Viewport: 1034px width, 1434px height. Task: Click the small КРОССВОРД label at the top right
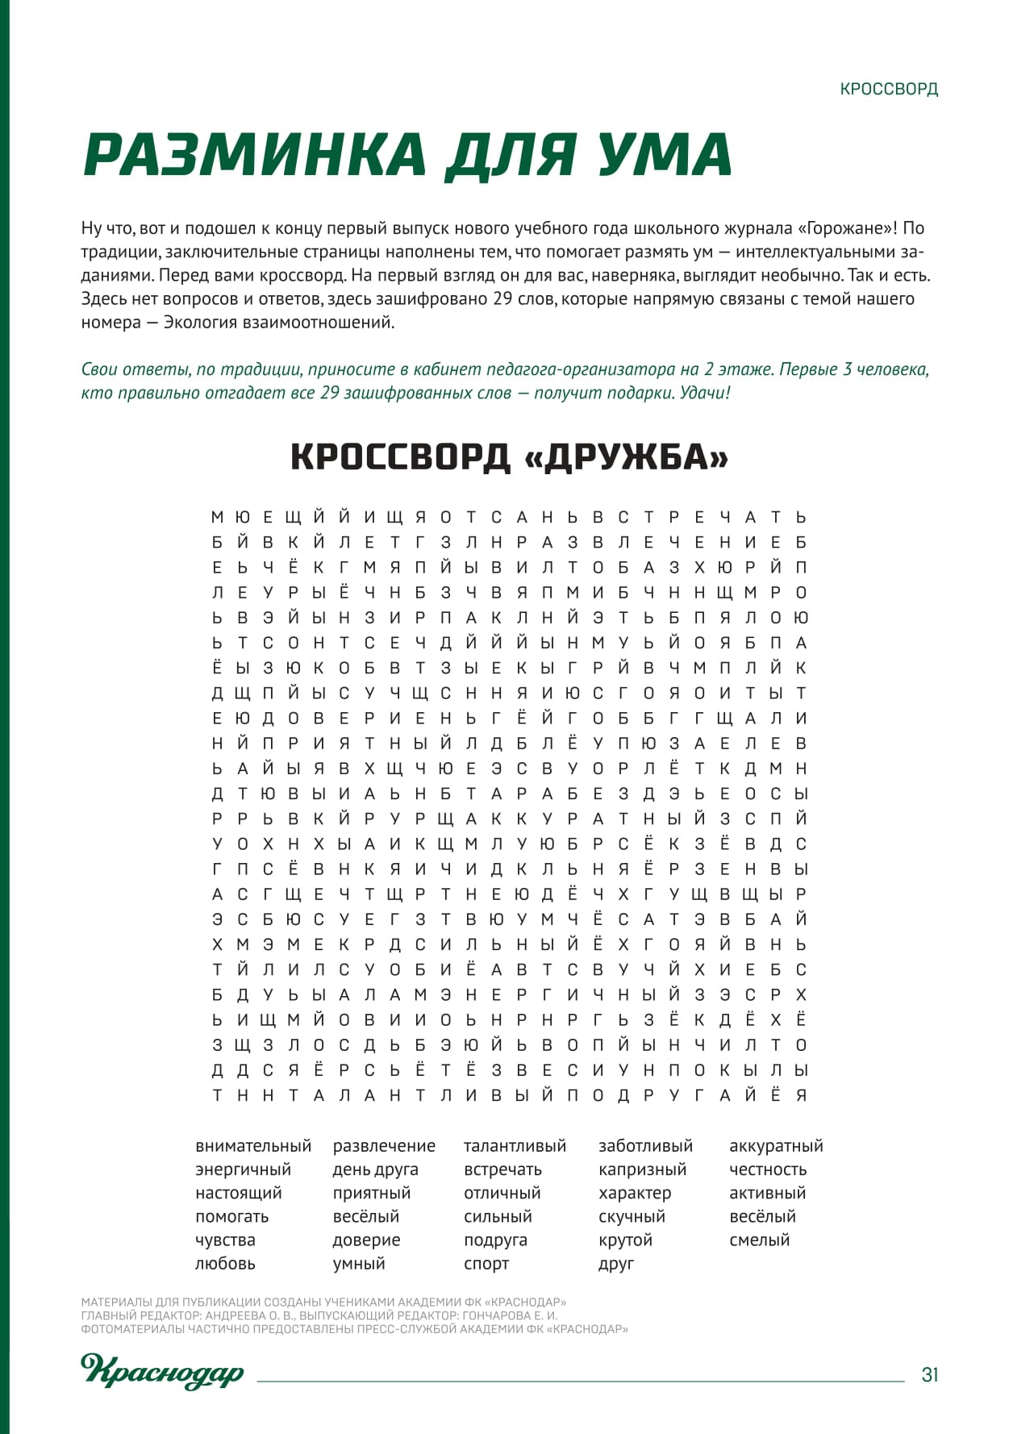pyautogui.click(x=889, y=89)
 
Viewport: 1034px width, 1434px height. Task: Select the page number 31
pyautogui.click(x=930, y=1374)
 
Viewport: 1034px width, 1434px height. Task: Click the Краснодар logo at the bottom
pyautogui.click(x=162, y=1371)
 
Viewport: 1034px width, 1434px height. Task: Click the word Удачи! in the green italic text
pyautogui.click(x=705, y=393)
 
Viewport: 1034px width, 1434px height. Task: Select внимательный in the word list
pyautogui.click(x=253, y=1146)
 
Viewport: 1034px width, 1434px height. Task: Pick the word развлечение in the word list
pyautogui.click(x=384, y=1146)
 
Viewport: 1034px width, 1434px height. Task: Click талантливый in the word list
pyautogui.click(x=515, y=1146)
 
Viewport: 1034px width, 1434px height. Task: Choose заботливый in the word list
pyautogui.click(x=645, y=1146)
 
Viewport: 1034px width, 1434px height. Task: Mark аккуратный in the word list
pyautogui.click(x=776, y=1146)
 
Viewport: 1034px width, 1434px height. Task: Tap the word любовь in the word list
pyautogui.click(x=225, y=1264)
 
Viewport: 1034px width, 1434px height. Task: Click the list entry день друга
pyautogui.click(x=375, y=1169)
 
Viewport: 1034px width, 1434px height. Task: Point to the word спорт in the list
pyautogui.click(x=486, y=1264)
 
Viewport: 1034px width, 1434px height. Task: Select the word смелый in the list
pyautogui.click(x=759, y=1240)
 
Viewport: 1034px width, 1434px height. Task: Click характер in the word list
pyautogui.click(x=635, y=1193)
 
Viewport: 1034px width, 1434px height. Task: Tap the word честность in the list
pyautogui.click(x=768, y=1169)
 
